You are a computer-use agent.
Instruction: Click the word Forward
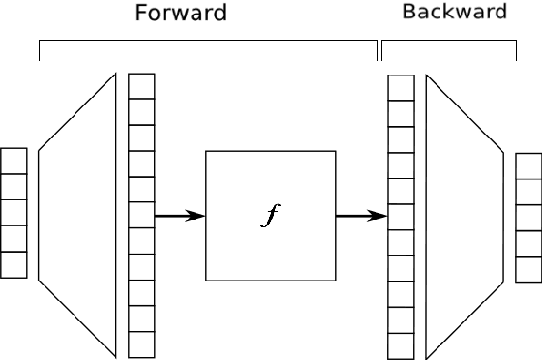coord(181,14)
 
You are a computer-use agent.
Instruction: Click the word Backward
coord(454,13)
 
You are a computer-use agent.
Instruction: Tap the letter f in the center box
coord(270,215)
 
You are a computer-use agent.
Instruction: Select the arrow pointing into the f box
coord(180,215)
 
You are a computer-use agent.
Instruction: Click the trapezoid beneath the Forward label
coord(77,215)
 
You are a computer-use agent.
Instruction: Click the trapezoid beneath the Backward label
coord(464,215)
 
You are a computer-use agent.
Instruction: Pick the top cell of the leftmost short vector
coord(15,161)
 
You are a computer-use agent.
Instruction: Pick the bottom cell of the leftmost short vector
coord(15,264)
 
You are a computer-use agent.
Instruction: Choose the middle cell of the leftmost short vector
coord(15,212)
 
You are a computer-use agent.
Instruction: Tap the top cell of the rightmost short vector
coord(528,166)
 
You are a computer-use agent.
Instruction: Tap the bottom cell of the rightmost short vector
coord(528,269)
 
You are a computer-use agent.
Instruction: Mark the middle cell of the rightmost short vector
coord(528,218)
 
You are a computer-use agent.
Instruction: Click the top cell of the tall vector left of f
coord(141,86)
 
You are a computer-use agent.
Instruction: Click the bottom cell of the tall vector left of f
coord(141,345)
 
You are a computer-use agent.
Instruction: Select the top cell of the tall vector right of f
coord(401,87)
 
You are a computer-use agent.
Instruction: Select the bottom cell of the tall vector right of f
coord(401,346)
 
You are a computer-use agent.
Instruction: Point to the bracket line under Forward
coord(208,41)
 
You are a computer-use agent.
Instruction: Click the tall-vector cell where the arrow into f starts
coord(141,215)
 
